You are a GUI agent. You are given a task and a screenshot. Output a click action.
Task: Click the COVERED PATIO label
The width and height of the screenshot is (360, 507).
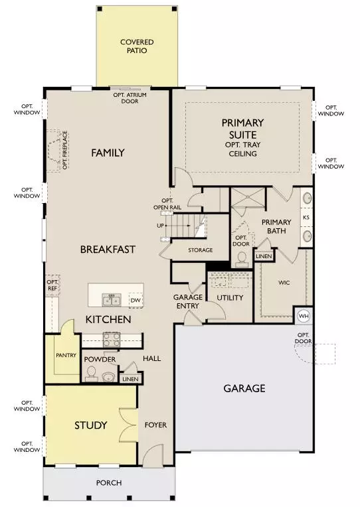[137, 46]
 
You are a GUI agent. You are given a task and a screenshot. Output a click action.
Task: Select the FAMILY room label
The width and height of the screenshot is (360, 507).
[108, 153]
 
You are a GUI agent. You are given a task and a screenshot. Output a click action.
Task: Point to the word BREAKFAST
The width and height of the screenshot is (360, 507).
[108, 250]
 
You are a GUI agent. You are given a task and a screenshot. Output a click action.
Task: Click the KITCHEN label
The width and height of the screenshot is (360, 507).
[108, 320]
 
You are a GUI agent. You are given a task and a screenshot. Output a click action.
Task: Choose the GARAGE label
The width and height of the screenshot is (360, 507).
[244, 388]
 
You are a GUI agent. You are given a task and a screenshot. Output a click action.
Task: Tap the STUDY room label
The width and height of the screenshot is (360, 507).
[90, 425]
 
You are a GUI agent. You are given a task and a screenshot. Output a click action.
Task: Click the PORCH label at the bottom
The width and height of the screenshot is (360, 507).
[108, 482]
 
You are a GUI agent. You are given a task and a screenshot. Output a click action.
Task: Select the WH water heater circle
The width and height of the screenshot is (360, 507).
[304, 316]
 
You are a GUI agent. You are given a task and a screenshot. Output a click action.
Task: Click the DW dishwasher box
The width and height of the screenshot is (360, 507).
[135, 301]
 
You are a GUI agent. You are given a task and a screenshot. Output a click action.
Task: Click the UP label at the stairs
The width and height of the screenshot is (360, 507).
[160, 226]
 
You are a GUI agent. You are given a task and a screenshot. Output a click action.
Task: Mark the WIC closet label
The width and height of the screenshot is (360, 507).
[284, 283]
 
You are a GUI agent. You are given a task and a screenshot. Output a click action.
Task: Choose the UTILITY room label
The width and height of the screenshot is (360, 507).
[230, 297]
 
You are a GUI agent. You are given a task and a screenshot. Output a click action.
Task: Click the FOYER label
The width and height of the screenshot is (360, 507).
[156, 425]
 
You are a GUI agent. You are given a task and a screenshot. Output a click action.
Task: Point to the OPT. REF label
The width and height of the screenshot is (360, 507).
[53, 285]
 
